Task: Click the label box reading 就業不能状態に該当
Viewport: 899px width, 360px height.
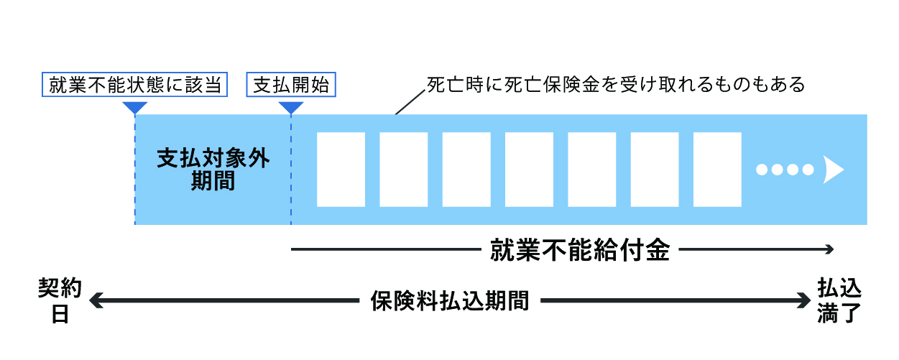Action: click(135, 86)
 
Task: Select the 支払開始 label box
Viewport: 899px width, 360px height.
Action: click(291, 86)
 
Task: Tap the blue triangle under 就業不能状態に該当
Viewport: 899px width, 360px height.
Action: click(135, 107)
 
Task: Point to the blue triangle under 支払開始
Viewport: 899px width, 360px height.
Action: click(291, 107)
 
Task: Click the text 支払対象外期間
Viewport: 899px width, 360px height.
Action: click(213, 170)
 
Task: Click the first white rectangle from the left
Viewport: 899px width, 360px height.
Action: click(341, 170)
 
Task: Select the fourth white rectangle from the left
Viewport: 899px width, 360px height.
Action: click(529, 170)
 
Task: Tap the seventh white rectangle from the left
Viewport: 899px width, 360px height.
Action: click(717, 170)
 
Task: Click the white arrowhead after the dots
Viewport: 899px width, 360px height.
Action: click(833, 170)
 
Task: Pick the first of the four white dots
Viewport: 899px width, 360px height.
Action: click(762, 170)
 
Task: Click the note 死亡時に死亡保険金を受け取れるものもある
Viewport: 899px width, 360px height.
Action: click(615, 85)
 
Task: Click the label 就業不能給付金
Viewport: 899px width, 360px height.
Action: click(580, 250)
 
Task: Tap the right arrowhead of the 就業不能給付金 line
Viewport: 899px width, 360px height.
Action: click(830, 250)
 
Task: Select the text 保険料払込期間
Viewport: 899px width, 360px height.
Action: click(450, 300)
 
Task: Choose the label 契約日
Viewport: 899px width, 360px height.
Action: click(60, 301)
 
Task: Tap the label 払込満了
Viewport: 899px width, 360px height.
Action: click(839, 301)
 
